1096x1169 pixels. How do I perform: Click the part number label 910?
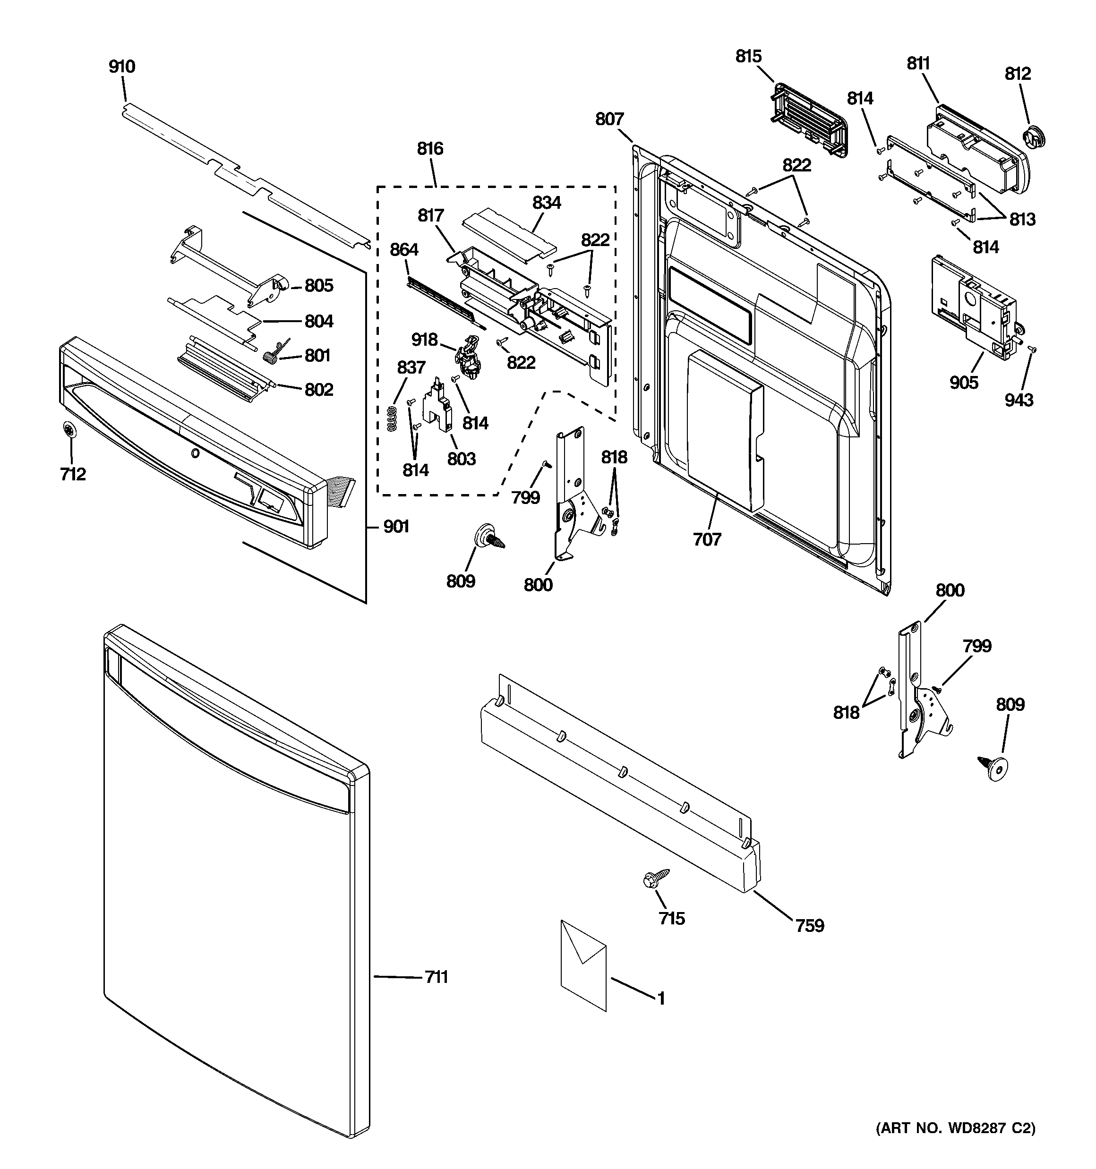tap(122, 67)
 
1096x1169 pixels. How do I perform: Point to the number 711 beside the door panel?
tap(437, 977)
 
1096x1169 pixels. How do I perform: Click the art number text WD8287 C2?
tap(956, 1128)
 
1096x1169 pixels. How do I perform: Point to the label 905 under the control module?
tap(964, 383)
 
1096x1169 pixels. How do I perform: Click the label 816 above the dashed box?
tap(430, 149)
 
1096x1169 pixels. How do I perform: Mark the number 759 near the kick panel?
tap(810, 926)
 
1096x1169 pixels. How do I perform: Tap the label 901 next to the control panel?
tap(396, 526)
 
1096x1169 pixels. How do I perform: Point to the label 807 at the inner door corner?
tap(609, 119)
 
